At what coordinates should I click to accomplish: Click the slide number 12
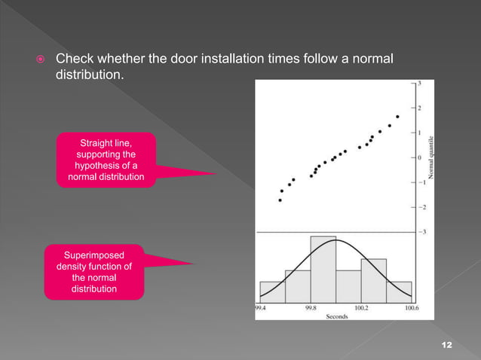(446, 344)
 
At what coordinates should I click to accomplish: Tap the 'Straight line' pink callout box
(106, 160)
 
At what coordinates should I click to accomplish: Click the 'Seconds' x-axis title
(335, 316)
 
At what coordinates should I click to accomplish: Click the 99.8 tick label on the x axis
(311, 307)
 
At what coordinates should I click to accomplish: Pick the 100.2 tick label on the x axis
(360, 307)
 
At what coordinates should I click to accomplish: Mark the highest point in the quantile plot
(397, 117)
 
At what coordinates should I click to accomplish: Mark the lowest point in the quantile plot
(280, 200)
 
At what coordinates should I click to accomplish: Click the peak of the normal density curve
(336, 240)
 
